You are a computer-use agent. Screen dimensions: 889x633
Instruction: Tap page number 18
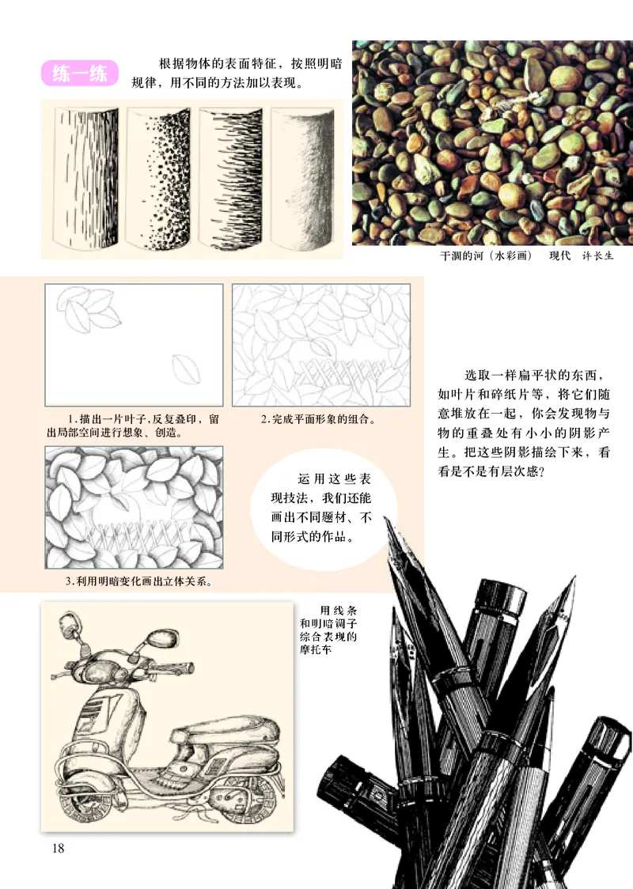point(57,849)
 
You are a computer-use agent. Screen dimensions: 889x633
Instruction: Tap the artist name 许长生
point(597,257)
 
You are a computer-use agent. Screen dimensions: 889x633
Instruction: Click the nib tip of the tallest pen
point(388,523)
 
